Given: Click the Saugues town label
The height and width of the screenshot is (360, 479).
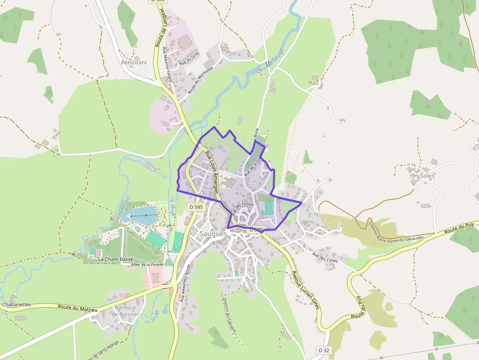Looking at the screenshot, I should tap(213, 234).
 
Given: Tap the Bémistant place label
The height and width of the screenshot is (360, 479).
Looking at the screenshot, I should tap(133, 63).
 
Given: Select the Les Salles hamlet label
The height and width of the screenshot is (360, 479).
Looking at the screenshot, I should tap(422, 176).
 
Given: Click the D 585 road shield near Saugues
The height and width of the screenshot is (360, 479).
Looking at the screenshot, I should tap(196, 207).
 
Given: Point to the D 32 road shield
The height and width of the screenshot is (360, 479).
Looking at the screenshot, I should tap(324, 350).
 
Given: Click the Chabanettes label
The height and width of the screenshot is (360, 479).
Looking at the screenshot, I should tap(17, 304).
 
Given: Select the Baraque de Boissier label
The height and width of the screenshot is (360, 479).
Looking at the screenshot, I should tap(125, 311).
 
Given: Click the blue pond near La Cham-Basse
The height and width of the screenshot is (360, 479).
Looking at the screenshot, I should tap(142, 215).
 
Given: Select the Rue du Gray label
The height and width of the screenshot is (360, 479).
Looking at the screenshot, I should tap(189, 59).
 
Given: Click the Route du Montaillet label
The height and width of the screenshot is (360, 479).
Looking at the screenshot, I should tap(201, 81).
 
